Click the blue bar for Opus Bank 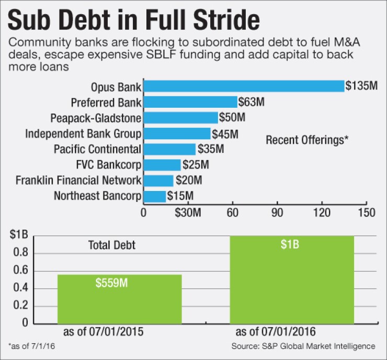point(244,86)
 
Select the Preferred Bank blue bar point(190,102)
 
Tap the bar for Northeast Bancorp point(154,197)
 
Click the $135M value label point(361,86)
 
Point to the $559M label point(112,283)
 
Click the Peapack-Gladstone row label point(96,118)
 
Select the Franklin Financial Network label point(78,181)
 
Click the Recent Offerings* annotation point(307,140)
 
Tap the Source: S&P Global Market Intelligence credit point(303,346)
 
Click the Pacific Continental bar point(169,149)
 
